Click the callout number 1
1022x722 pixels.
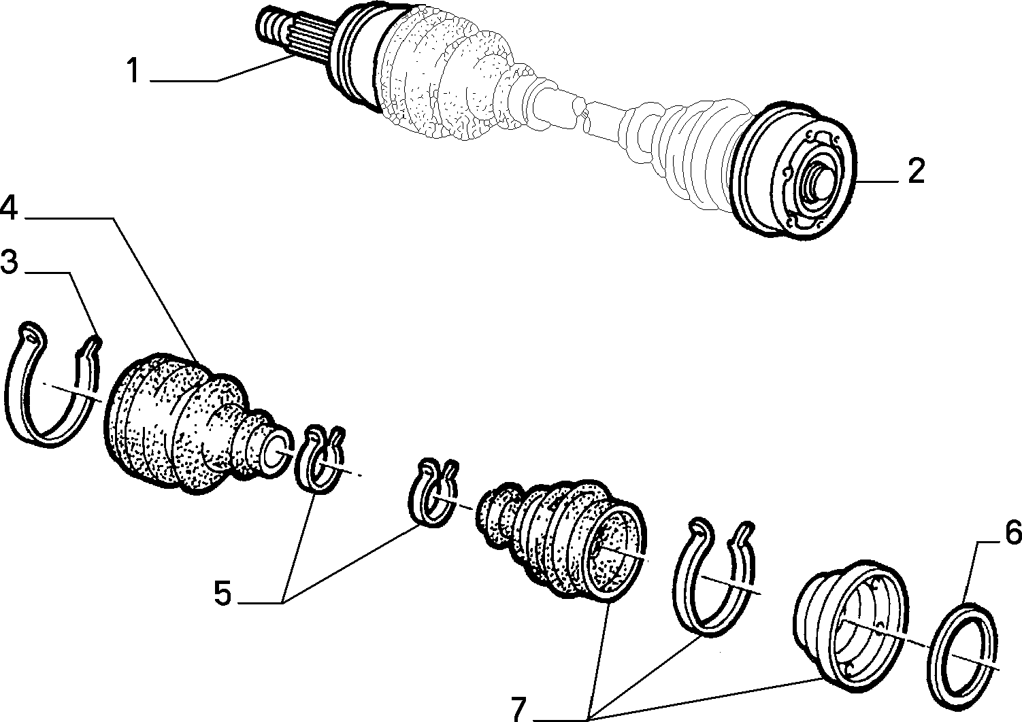coord(133,71)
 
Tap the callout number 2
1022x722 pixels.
coord(916,171)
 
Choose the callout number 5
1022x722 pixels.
coord(223,593)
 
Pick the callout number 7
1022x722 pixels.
coord(518,710)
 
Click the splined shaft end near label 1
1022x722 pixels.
coord(292,37)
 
